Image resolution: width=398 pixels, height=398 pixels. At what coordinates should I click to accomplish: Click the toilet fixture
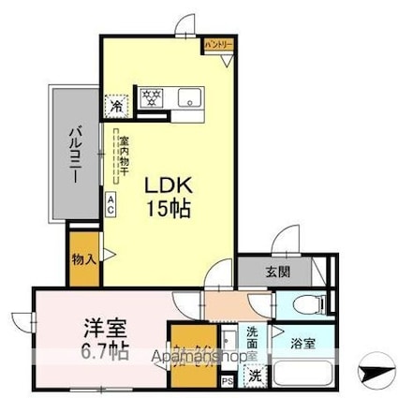(312, 303)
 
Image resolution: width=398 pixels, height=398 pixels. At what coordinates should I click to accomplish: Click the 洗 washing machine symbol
(255, 376)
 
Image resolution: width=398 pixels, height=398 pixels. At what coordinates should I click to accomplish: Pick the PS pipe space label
(225, 381)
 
